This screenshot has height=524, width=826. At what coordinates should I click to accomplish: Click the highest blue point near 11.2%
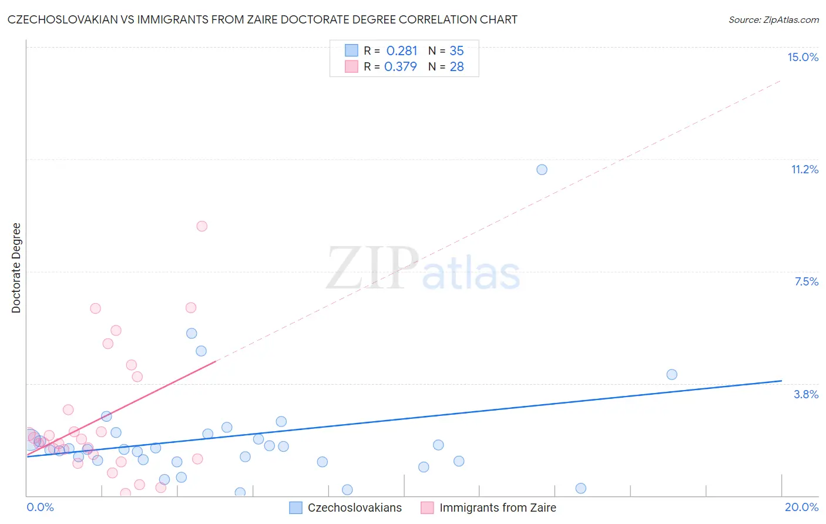[x=542, y=170]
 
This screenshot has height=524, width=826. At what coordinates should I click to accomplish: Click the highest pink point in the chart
[x=202, y=226]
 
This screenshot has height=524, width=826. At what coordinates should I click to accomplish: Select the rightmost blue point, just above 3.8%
[x=671, y=375]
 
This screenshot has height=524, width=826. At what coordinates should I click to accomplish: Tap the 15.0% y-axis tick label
[x=803, y=57]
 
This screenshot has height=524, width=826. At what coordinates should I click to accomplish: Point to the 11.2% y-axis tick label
[x=804, y=169]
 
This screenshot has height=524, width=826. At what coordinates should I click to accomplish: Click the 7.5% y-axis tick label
[x=806, y=281]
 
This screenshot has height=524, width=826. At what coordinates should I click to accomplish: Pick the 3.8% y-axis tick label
[x=806, y=394]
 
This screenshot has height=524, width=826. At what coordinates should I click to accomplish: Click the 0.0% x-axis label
[x=41, y=507]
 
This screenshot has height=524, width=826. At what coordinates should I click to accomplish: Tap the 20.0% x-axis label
[x=801, y=507]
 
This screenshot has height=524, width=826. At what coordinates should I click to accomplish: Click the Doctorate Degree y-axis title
[x=16, y=268]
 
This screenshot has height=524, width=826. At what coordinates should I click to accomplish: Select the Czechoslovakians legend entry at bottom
[x=354, y=508]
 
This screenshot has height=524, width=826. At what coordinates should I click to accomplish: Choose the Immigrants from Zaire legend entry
[x=497, y=508]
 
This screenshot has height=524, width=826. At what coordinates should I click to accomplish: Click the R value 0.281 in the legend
[x=401, y=51]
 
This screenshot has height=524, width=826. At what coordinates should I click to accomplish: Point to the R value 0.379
[x=400, y=67]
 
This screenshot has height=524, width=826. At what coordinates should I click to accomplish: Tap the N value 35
[x=456, y=51]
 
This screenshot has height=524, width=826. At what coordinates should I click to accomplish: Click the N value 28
[x=456, y=67]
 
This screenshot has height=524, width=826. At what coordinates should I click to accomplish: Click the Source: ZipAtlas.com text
[x=773, y=20]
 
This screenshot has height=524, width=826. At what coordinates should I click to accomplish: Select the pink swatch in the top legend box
[x=351, y=66]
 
